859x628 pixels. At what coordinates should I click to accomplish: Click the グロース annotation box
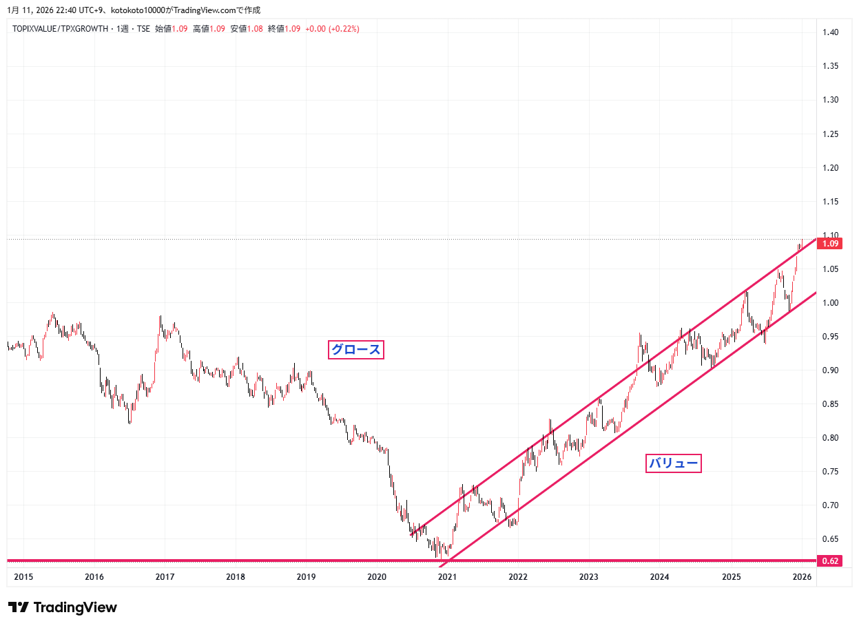pos(355,350)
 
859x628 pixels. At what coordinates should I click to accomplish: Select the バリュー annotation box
pos(673,463)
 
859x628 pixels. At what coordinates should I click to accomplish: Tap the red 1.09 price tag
pos(832,244)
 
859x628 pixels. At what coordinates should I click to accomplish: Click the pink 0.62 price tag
pos(831,561)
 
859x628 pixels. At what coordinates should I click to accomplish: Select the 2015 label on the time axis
pos(23,576)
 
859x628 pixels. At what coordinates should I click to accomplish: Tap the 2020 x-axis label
pos(377,576)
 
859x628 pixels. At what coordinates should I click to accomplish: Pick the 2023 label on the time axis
pos(588,576)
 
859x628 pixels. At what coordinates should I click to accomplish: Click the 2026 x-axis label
pos(801,576)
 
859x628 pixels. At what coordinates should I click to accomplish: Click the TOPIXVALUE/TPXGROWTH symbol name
pos(61,29)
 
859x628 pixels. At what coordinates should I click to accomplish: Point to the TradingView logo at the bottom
pos(62,607)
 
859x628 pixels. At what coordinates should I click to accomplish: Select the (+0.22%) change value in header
pos(344,29)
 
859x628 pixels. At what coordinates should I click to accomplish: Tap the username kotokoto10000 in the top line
pos(138,10)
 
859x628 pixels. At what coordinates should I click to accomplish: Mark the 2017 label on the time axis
pos(165,576)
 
